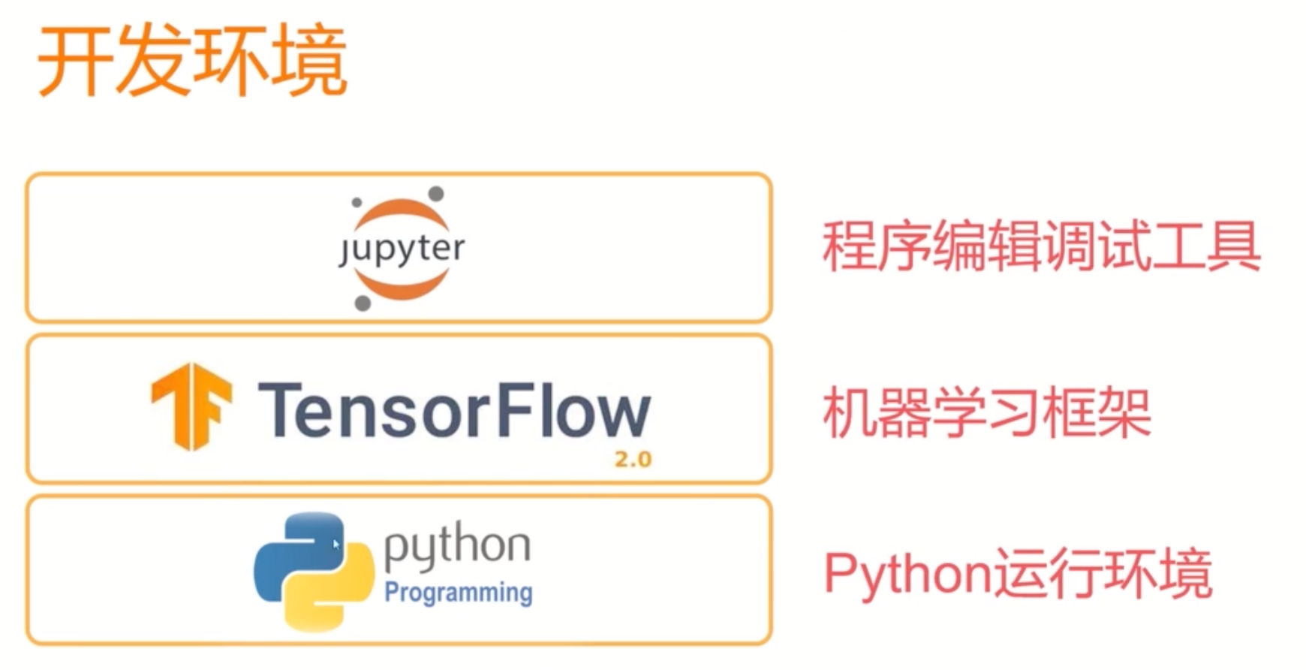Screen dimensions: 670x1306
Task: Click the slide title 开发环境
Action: [x=192, y=62]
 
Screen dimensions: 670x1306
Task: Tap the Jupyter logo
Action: [x=401, y=249]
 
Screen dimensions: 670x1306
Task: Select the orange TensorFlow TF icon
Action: [x=191, y=406]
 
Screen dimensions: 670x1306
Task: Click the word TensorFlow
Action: [x=454, y=410]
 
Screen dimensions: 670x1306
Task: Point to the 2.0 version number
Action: [x=633, y=459]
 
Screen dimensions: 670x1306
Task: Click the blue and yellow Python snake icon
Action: [x=314, y=571]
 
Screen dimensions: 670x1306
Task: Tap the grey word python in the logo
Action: [x=457, y=548]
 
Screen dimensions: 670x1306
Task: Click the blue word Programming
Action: [x=459, y=593]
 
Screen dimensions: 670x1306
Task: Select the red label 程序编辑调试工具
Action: [x=1041, y=246]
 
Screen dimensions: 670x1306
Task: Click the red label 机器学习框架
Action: [x=986, y=412]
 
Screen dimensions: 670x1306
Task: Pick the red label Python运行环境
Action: [x=1018, y=574]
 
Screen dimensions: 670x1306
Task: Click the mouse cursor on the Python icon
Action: [x=336, y=544]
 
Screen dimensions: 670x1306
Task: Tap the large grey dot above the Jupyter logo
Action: [x=435, y=194]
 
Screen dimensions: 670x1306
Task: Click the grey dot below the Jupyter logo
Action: [x=363, y=303]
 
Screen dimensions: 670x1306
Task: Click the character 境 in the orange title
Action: [x=309, y=62]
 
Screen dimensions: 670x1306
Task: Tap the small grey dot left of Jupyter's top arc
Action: [x=357, y=202]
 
